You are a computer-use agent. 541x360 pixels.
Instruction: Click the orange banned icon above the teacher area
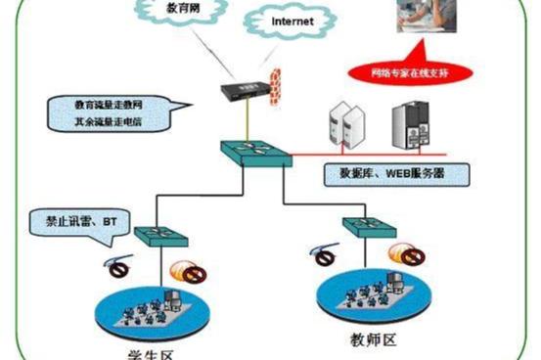click(x=405, y=254)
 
